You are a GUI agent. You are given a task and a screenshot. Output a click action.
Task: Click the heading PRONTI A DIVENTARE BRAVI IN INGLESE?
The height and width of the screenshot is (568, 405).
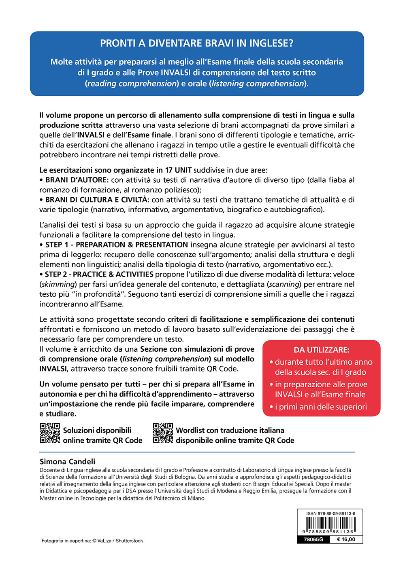coord(197,43)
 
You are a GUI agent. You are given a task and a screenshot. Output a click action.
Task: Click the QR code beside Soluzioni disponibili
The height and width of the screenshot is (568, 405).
coord(50,433)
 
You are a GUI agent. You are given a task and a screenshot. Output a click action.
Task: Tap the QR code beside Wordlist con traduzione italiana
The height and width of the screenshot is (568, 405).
coord(163,433)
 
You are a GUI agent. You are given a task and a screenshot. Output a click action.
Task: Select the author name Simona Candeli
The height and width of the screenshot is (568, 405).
coord(68,461)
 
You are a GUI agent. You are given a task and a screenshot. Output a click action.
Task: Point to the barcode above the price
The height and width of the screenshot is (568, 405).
coord(330,526)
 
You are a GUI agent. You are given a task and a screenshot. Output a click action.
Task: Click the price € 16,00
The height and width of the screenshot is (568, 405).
coord(346,539)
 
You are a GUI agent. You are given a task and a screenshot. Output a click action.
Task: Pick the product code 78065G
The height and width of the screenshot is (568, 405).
coord(313,539)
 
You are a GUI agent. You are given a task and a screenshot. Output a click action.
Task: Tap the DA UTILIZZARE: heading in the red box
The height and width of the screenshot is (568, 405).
coord(321,350)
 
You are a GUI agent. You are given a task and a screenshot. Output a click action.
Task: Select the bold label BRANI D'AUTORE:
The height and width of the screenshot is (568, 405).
coord(77,180)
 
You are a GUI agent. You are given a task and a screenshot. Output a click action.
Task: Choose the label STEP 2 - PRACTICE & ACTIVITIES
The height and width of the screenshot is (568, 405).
coord(99,274)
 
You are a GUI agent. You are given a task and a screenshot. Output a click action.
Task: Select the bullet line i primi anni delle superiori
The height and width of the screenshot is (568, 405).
coord(321,407)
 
